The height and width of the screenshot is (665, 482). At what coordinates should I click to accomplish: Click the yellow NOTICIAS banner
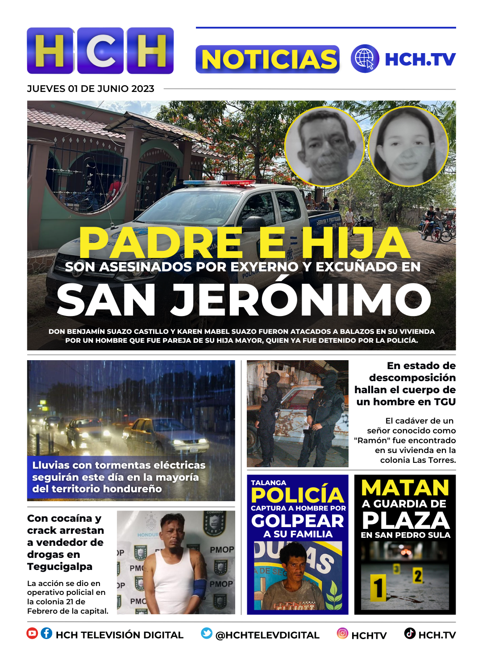point(268,59)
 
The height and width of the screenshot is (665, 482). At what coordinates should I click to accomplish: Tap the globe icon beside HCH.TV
point(365,59)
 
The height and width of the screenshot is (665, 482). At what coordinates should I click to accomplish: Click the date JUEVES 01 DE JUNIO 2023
point(91,89)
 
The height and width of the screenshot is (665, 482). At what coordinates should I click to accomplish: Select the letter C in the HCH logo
point(100,51)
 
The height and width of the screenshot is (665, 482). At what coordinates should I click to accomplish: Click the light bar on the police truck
point(219,183)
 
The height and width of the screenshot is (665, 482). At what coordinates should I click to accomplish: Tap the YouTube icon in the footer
point(32,633)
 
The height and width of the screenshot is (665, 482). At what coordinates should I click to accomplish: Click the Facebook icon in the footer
point(46,633)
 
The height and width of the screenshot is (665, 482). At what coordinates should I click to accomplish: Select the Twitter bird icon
point(206,633)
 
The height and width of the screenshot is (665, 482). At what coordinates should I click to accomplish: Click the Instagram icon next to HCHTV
point(342,633)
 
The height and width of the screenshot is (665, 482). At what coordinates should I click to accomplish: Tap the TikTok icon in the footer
point(410,633)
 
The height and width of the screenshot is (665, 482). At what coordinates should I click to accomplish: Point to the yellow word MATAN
point(405,488)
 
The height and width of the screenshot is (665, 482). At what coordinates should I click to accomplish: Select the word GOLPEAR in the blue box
point(297,521)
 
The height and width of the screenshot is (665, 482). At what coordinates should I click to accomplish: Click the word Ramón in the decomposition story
point(371,441)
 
